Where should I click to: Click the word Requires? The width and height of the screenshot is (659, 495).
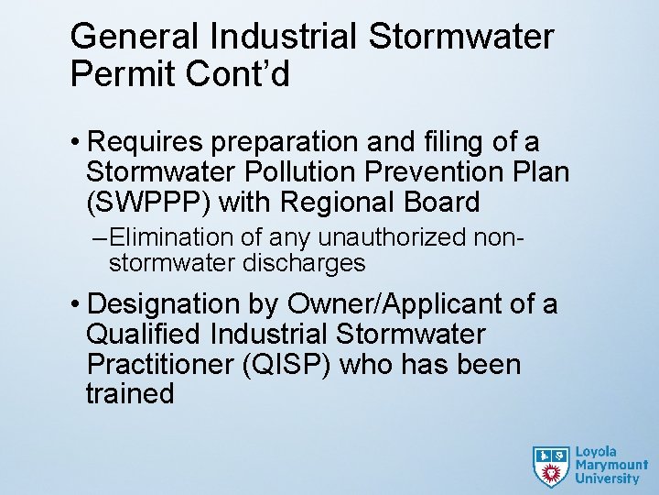[146, 143]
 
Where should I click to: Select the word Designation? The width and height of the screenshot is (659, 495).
[173, 304]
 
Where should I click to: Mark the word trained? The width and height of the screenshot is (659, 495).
[130, 393]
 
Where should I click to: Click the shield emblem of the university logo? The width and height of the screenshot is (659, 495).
[551, 466]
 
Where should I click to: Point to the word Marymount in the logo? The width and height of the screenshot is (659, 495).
[610, 465]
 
